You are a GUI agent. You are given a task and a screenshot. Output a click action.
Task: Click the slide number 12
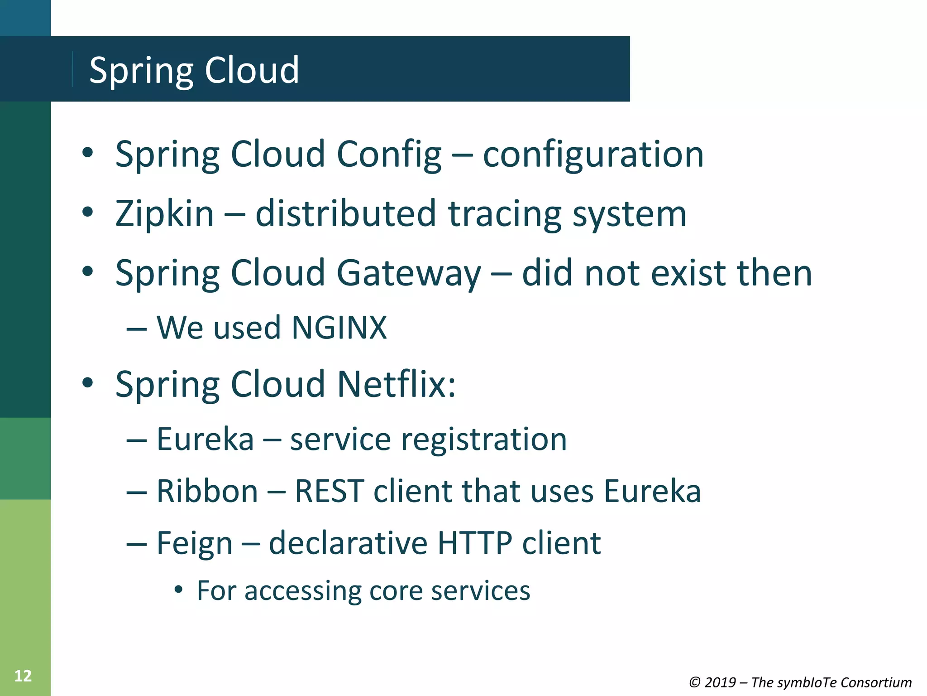[x=23, y=676]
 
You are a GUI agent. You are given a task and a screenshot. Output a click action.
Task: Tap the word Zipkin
[x=164, y=213]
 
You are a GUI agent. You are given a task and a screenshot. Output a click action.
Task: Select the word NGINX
[x=339, y=327]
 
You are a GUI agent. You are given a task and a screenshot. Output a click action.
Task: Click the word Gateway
[x=409, y=273]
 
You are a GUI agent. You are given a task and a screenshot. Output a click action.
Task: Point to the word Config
[x=389, y=155]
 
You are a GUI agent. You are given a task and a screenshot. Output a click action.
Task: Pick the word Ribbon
[x=207, y=491]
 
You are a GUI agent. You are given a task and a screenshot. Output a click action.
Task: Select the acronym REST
[x=330, y=491]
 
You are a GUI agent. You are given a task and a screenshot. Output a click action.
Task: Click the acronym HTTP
[x=475, y=543]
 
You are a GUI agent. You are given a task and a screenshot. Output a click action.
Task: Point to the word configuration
[x=593, y=155]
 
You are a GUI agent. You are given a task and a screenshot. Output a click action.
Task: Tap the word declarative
[x=348, y=543]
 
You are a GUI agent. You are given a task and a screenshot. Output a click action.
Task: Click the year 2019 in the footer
[x=720, y=682]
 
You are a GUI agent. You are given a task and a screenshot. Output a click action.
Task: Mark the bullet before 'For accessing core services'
[x=179, y=590]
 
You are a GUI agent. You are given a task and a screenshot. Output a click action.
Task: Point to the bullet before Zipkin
[x=88, y=212]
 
